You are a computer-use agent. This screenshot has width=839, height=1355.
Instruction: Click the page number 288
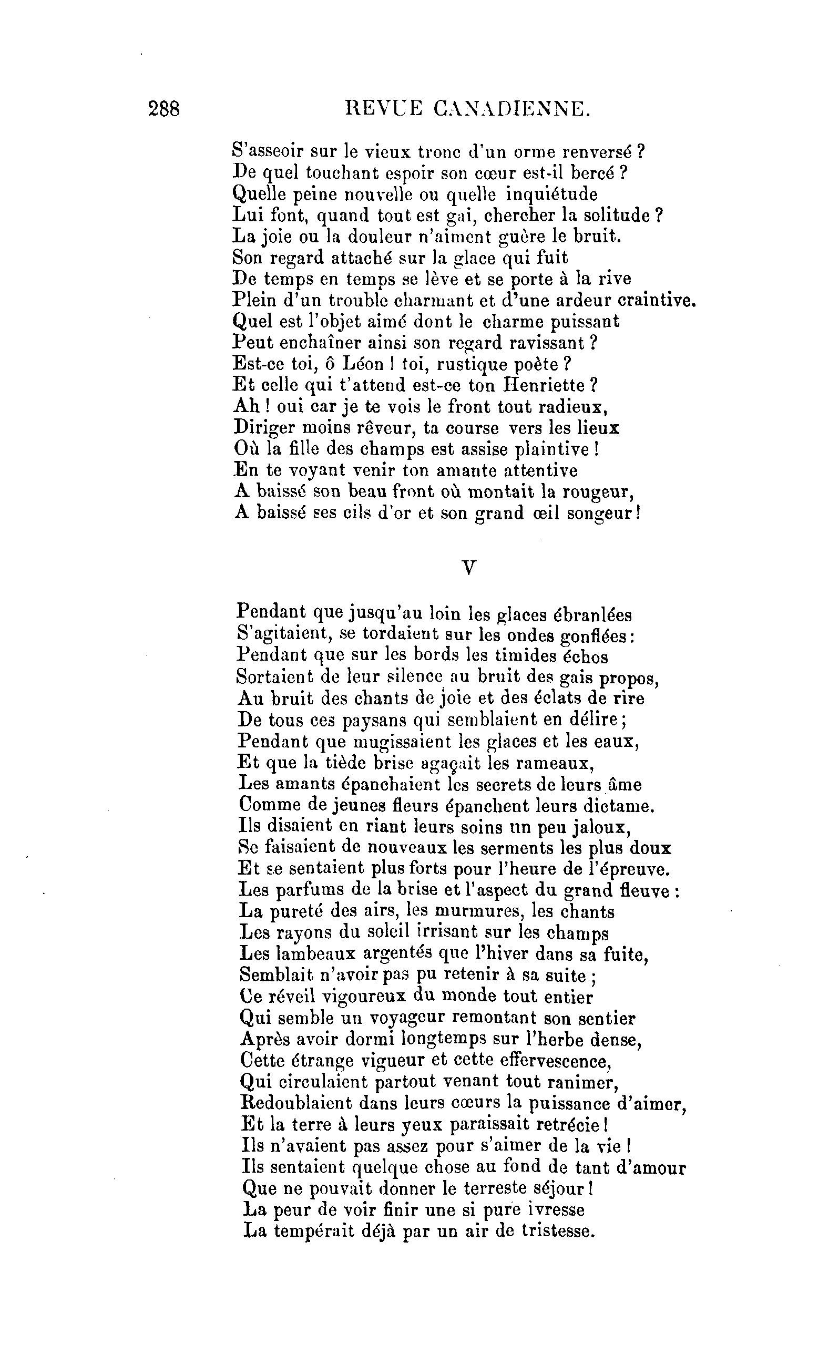tap(164, 109)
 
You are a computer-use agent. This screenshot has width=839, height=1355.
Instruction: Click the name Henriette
tap(544, 385)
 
